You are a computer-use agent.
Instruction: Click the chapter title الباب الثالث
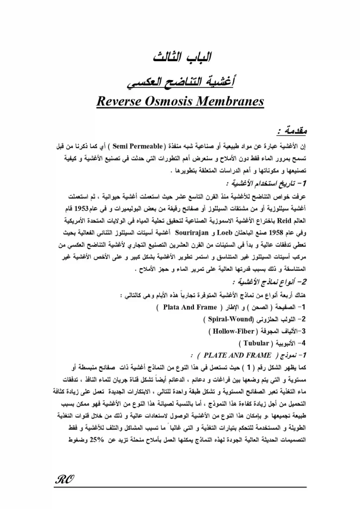coord(180,58)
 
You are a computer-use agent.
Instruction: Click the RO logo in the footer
coord(63,481)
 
